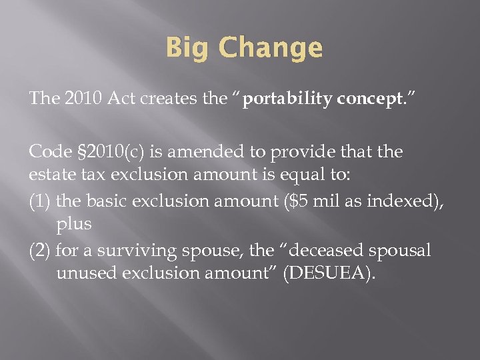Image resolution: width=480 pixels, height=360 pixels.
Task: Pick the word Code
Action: [47, 152]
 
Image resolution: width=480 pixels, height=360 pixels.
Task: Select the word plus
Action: [74, 225]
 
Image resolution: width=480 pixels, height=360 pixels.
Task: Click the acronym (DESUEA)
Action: [329, 273]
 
